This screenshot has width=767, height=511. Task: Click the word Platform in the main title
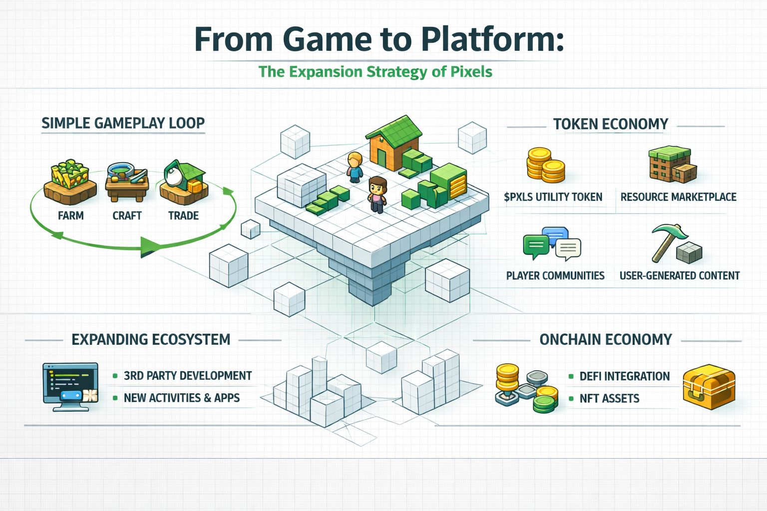pos(492,39)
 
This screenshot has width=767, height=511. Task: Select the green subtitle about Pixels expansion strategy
pos(375,72)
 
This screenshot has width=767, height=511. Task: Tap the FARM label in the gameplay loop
pos(71,216)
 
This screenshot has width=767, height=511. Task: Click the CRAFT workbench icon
pos(127,184)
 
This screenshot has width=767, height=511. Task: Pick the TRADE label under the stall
pos(183,216)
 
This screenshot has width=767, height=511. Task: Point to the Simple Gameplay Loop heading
pos(123,123)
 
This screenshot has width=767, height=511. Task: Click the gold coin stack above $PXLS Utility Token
pos(545,165)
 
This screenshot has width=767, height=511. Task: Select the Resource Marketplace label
pos(678,197)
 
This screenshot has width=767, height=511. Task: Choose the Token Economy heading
pos(610,124)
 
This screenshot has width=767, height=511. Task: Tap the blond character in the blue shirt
pos(355,168)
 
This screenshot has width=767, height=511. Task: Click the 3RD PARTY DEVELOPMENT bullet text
pos(188,376)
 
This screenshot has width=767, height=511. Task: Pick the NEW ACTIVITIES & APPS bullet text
pos(182,398)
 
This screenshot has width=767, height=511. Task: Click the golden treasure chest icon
pos(709,388)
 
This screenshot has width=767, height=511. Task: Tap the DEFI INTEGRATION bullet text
pos(624,376)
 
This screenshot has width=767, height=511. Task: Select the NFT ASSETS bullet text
pos(609,398)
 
